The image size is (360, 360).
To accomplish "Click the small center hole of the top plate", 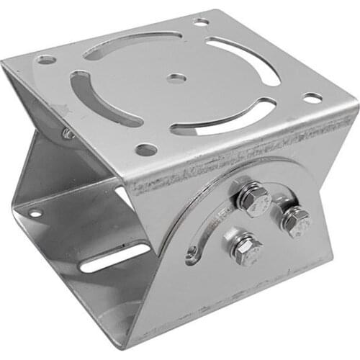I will coord(176,78).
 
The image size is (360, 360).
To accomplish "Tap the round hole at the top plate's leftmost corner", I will coord(47,60).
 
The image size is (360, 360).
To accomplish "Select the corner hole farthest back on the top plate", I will coord(202,22).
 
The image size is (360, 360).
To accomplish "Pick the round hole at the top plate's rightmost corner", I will coord(312,97).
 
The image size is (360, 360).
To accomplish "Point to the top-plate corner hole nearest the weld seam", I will coord(146,150).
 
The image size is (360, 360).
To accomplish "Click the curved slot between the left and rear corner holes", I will coord(130,41).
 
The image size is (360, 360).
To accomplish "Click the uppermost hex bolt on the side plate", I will coord(253,197).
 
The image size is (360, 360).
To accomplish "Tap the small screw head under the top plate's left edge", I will coord(67,133).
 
